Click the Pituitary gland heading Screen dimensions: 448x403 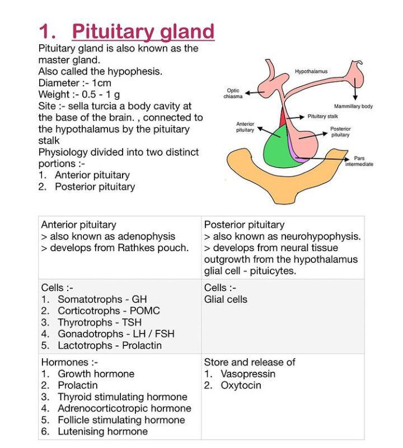[x=143, y=31]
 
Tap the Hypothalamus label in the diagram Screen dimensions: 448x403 [x=311, y=71]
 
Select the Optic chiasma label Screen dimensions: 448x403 [x=233, y=93]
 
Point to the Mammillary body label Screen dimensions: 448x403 [x=353, y=106]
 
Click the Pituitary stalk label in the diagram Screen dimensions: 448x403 [x=323, y=116]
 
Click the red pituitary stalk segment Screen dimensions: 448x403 [x=283, y=118]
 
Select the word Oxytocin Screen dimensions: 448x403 [x=241, y=385]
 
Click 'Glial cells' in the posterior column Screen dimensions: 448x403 [x=226, y=299]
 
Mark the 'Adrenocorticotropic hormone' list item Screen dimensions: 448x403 [x=124, y=409]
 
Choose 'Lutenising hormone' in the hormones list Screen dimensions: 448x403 [x=102, y=432]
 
